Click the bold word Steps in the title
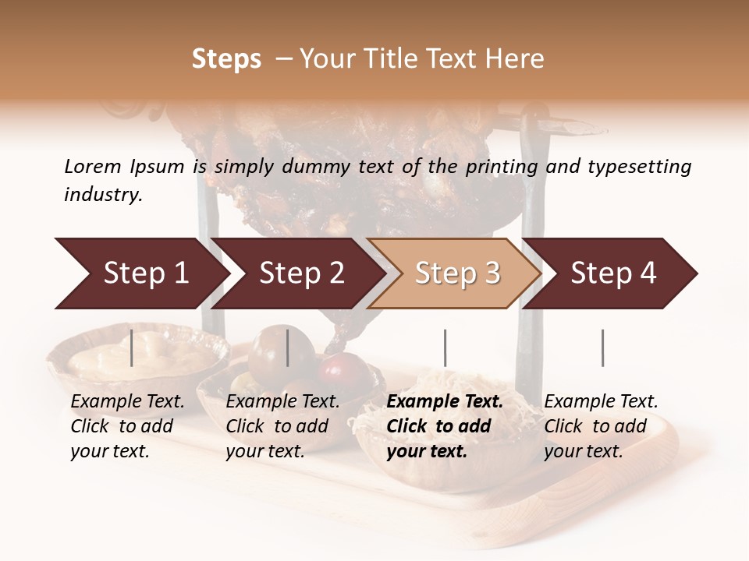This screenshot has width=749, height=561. (x=226, y=59)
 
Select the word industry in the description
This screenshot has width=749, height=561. (x=103, y=194)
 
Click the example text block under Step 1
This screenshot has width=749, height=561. (x=128, y=426)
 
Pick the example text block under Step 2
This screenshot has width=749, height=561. (x=282, y=426)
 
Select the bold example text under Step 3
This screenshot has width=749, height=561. (x=445, y=426)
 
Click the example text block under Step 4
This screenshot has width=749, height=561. (x=601, y=426)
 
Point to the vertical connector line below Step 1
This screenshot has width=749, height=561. (x=132, y=348)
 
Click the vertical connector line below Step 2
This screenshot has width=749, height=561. (x=289, y=348)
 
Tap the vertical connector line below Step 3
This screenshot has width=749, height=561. (x=445, y=348)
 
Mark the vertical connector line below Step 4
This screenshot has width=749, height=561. (x=602, y=348)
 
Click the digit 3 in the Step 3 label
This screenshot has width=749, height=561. (x=492, y=273)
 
